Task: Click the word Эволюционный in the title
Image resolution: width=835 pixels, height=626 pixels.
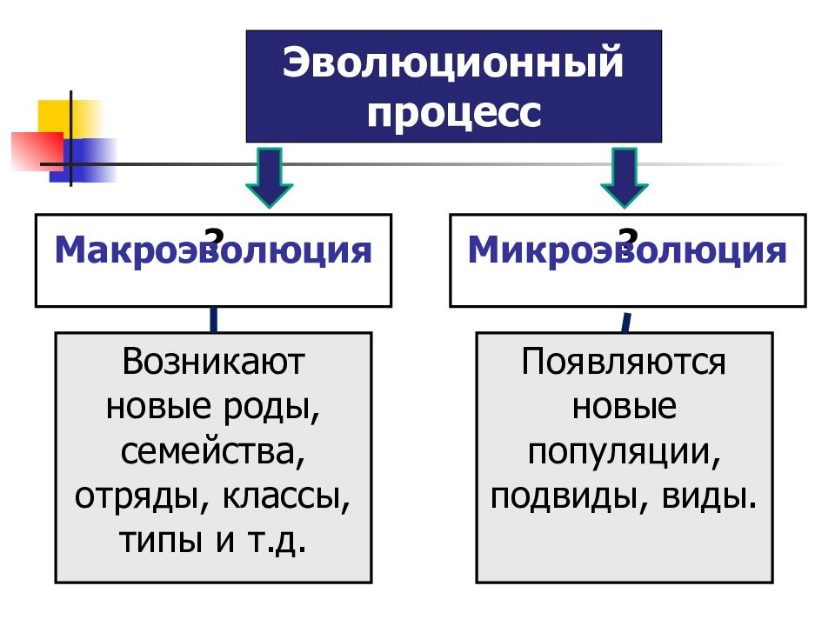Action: coord(452,63)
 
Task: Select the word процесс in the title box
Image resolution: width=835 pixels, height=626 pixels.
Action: coord(454,113)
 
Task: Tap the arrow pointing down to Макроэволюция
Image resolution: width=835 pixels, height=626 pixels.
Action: coord(269,177)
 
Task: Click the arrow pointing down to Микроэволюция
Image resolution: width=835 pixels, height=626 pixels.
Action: coord(625,177)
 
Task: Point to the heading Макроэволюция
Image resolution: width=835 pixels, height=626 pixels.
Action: coord(213,250)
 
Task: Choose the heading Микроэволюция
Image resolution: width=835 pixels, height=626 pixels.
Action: coord(627,250)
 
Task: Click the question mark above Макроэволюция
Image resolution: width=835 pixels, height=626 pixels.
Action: coord(215,236)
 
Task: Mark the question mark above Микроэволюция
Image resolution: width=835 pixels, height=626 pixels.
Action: coord(629,236)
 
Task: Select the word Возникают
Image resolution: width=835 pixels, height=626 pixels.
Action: coord(213,362)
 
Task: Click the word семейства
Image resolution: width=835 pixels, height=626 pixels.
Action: coord(213,452)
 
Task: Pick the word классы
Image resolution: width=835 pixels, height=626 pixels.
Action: coord(286,497)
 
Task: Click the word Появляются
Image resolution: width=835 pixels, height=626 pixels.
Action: coord(624,362)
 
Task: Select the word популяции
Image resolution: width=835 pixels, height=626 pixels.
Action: coord(625,452)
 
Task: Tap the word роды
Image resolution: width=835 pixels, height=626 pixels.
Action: coord(271,408)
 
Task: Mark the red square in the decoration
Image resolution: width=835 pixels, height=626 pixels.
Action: coord(37,151)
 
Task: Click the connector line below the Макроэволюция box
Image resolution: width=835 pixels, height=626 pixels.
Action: coord(214,320)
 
